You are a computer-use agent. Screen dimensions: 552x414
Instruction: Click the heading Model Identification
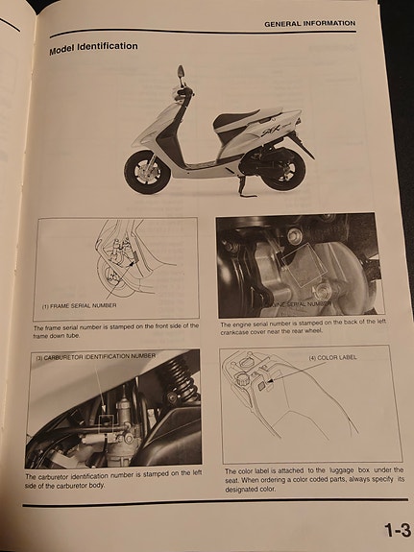[x=93, y=46]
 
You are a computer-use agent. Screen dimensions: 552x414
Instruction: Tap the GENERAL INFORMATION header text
[x=309, y=23]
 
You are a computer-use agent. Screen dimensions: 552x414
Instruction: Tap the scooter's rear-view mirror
[x=182, y=70]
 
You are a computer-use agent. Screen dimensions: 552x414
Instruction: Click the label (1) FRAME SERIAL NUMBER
[x=84, y=306]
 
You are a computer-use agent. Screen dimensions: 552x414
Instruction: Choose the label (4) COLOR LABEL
[x=331, y=358]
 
